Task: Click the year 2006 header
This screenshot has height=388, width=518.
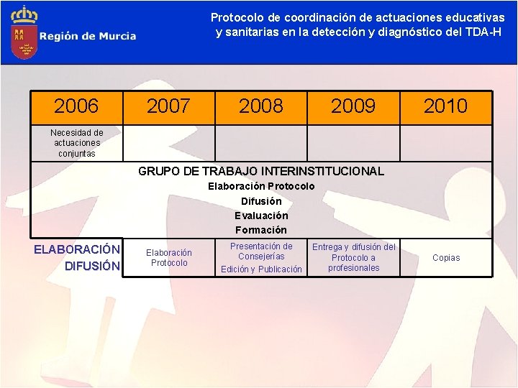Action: click(76, 106)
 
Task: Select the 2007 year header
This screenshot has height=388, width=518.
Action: click(168, 106)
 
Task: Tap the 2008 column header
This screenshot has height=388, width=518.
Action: click(261, 106)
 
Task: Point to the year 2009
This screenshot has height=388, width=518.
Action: click(353, 106)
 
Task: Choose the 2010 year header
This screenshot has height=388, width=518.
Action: click(445, 106)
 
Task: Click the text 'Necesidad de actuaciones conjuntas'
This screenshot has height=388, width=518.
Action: click(77, 143)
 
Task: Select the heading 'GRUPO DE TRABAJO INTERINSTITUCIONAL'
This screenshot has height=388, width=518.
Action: click(261, 171)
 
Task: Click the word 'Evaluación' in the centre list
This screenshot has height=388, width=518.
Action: click(261, 216)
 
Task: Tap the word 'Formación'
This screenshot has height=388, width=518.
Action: click(261, 230)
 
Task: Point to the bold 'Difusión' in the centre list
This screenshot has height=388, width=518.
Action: click(261, 201)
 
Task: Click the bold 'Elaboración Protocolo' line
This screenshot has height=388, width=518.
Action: click(261, 186)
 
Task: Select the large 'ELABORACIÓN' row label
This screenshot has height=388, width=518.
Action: click(77, 249)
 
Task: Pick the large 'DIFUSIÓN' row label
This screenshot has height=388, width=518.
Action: click(92, 266)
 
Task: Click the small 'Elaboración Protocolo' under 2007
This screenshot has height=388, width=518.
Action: click(169, 257)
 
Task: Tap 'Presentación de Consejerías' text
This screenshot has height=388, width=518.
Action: click(261, 251)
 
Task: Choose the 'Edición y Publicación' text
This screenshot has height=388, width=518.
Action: click(261, 269)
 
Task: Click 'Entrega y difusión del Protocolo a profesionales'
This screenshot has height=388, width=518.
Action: click(353, 257)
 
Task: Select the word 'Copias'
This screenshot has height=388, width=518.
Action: click(446, 258)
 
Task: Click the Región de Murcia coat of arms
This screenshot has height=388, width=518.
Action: click(25, 32)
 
